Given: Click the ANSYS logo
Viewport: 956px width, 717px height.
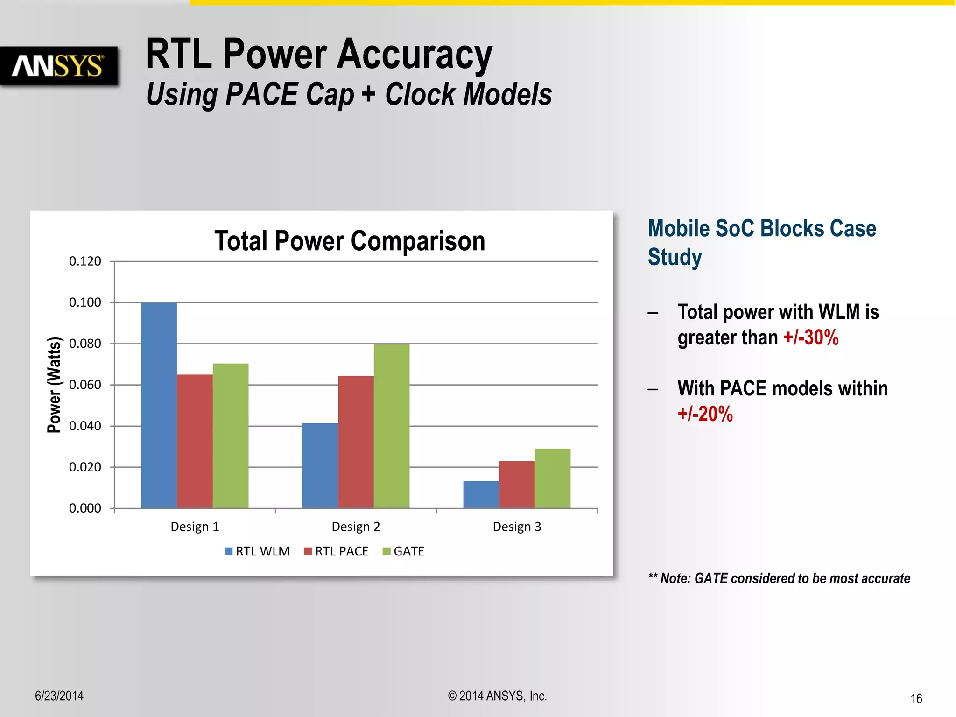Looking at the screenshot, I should pyautogui.click(x=58, y=66).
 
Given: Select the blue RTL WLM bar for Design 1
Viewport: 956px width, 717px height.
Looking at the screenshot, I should pyautogui.click(x=159, y=405).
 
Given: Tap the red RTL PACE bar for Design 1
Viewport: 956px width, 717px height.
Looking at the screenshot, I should pyautogui.click(x=195, y=441).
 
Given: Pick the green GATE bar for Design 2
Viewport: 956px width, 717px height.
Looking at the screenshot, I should pyautogui.click(x=391, y=426).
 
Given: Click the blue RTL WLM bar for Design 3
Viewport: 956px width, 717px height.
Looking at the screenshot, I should pyautogui.click(x=481, y=494).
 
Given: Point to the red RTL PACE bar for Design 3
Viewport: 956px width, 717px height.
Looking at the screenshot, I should pyautogui.click(x=517, y=485).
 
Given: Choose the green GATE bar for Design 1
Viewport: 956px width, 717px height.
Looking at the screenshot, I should pyautogui.click(x=231, y=436).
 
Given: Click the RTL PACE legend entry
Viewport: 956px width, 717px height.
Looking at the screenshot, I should pyautogui.click(x=336, y=551).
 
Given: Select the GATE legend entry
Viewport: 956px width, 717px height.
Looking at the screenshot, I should pyautogui.click(x=403, y=551).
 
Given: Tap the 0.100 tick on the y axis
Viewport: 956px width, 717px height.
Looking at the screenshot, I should pyautogui.click(x=85, y=302).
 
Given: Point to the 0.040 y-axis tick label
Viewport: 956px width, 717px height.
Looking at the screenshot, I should pyautogui.click(x=85, y=426).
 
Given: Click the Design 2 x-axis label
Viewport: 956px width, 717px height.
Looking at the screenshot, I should pyautogui.click(x=356, y=527).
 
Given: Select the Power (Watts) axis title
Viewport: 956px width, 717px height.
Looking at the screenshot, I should pyautogui.click(x=54, y=385).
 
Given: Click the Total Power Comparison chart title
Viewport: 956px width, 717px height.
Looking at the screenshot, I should pyautogui.click(x=350, y=241).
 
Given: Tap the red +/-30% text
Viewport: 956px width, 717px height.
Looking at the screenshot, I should pyautogui.click(x=811, y=337).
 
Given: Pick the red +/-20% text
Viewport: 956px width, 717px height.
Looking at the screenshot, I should pyautogui.click(x=705, y=414).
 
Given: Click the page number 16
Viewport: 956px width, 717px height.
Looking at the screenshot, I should pyautogui.click(x=916, y=698).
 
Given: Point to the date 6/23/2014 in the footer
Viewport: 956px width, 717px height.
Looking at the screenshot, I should pyautogui.click(x=59, y=696).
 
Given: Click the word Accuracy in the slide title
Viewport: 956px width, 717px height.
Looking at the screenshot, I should pyautogui.click(x=414, y=55).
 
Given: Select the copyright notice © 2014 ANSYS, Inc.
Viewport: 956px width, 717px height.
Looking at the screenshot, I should pyautogui.click(x=497, y=696).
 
